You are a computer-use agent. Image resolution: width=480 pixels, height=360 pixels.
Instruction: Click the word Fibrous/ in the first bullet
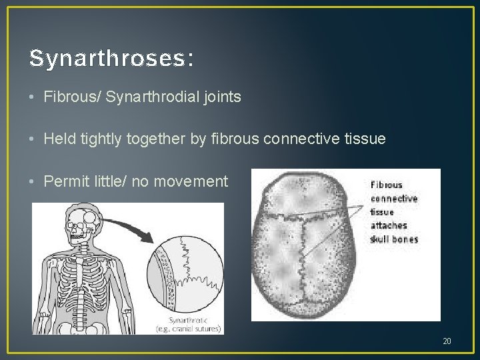coord(70,97)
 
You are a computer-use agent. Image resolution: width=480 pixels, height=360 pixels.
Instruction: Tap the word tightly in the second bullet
coord(97,139)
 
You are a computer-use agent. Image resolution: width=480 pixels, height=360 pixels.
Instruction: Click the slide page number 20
coord(447,341)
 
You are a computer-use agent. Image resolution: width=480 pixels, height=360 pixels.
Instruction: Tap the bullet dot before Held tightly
coord(33,139)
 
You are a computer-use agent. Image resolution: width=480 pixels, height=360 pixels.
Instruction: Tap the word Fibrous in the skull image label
coord(387,185)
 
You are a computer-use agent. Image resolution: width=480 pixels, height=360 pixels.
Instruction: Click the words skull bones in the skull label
coord(394,239)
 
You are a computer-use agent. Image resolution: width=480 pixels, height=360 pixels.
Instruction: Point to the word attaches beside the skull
coord(389,225)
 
